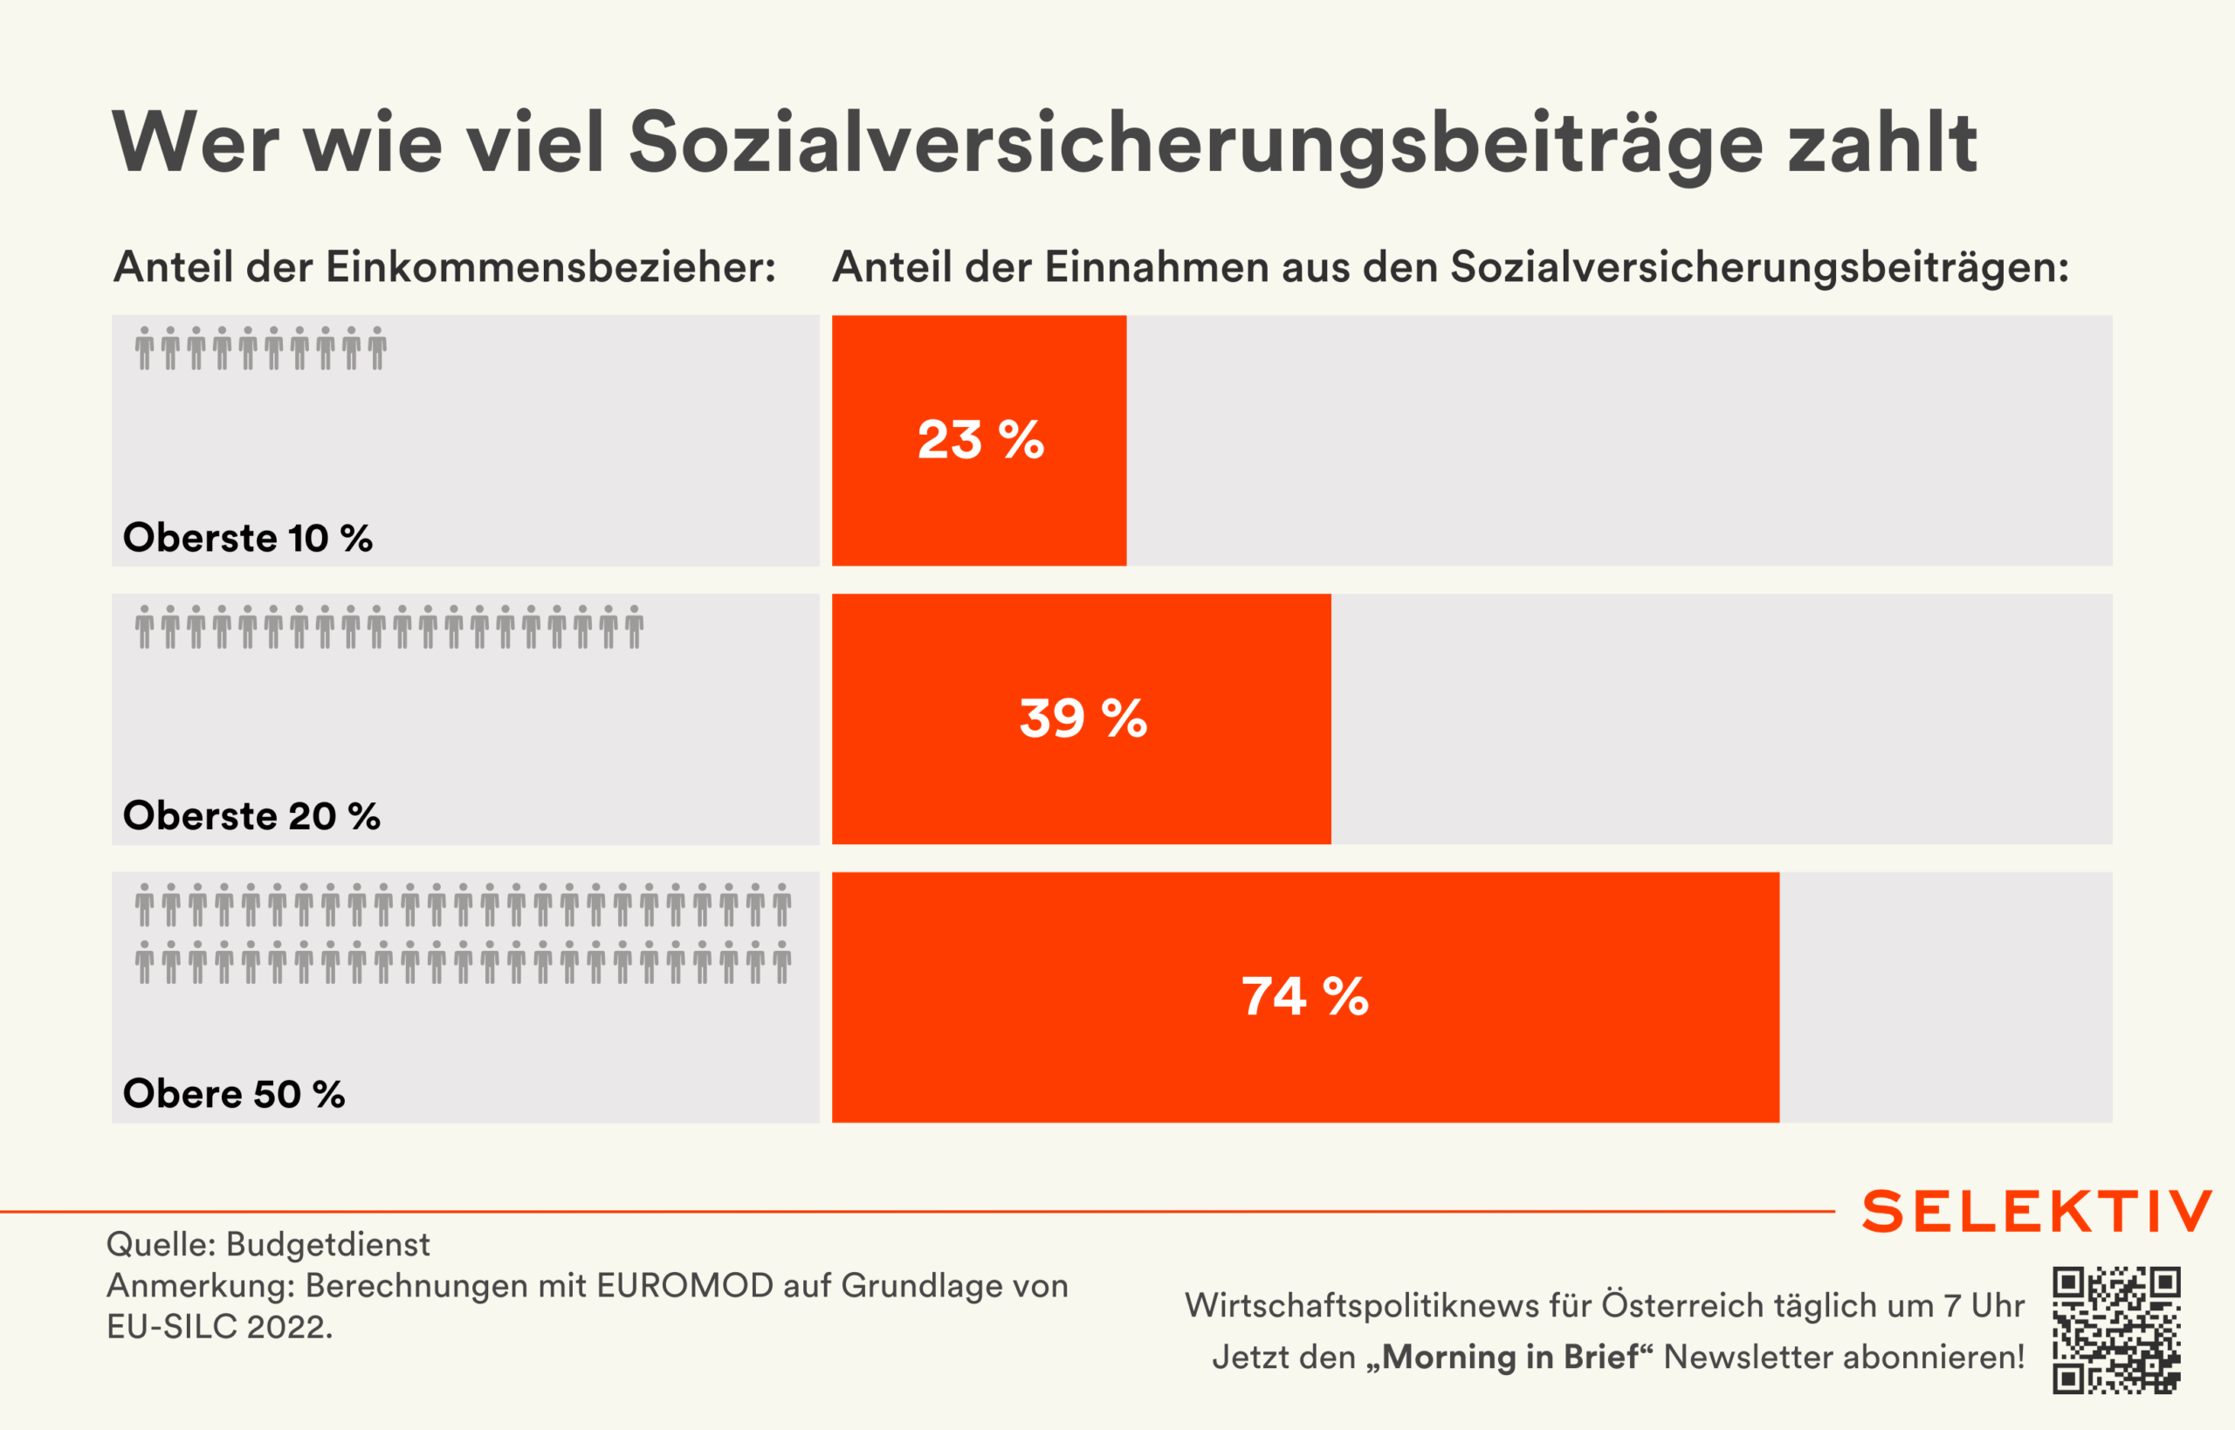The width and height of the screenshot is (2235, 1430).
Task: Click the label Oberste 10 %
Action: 248,539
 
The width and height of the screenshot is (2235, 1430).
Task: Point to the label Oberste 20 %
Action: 251,816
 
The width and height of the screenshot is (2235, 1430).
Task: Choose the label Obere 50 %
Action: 234,1094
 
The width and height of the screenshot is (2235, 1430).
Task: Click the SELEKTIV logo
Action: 2037,1211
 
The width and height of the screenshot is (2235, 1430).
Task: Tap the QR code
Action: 2116,1330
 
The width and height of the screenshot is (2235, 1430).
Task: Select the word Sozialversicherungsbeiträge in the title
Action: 1195,145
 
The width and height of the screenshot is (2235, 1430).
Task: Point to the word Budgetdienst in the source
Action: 327,1244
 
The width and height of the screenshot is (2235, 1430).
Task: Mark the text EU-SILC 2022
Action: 219,1327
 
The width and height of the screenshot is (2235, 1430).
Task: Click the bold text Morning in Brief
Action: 1509,1358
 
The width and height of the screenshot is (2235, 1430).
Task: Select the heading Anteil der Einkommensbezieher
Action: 444,267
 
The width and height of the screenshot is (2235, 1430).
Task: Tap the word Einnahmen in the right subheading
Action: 1157,267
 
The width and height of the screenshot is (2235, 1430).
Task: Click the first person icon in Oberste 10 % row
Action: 144,348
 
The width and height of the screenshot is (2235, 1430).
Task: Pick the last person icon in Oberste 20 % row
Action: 634,627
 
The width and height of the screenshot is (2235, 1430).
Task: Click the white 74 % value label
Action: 1304,996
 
